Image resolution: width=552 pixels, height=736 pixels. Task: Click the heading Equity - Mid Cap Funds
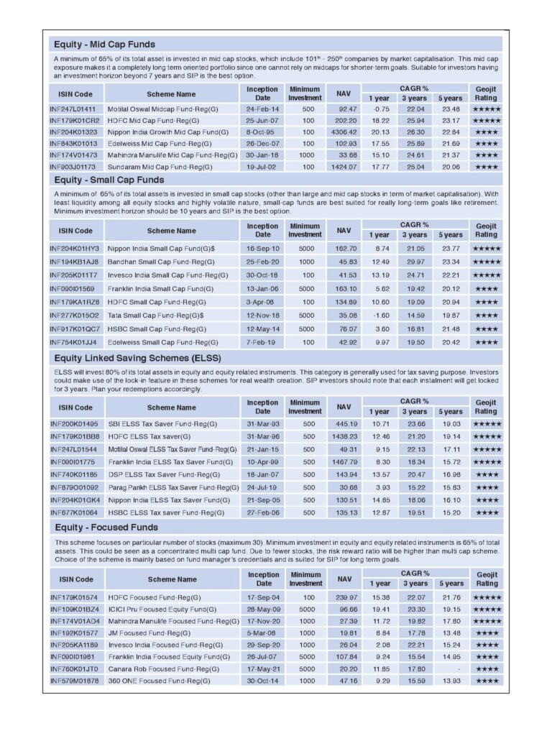pyautogui.click(x=104, y=45)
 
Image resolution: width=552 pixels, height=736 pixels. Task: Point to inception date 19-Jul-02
pyautogui.click(x=262, y=166)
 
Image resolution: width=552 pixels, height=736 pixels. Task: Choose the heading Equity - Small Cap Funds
pyautogui.click(x=109, y=180)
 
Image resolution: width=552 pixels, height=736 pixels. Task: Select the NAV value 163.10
pyautogui.click(x=344, y=288)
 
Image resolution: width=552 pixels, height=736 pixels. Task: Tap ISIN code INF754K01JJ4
pyautogui.click(x=74, y=342)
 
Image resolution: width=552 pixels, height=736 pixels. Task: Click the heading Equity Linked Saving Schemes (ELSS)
pyautogui.click(x=137, y=357)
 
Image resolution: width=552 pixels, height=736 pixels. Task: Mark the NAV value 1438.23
pyautogui.click(x=342, y=436)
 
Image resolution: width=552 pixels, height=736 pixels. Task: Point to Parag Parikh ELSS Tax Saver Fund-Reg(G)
pyautogui.click(x=172, y=487)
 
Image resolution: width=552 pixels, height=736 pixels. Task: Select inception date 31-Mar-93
pyautogui.click(x=262, y=423)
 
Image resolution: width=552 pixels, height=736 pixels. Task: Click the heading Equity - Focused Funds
pyautogui.click(x=106, y=528)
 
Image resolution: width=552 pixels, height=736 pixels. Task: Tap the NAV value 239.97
pyautogui.click(x=344, y=597)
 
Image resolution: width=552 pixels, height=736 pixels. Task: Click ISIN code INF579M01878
pyautogui.click(x=74, y=680)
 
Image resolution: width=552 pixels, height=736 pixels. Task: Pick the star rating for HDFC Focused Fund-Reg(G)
pyautogui.click(x=486, y=597)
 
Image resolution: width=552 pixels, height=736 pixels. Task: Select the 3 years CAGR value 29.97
pyautogui.click(x=414, y=262)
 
